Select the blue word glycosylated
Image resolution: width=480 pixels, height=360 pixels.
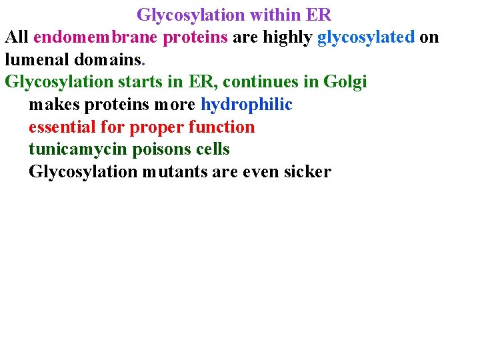pos(366,37)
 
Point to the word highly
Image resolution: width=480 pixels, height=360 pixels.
pos(288,37)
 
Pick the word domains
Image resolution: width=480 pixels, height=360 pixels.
pos(108,59)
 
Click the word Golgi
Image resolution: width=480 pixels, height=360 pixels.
pos(345,82)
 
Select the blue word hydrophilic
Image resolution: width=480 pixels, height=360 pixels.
pos(247,105)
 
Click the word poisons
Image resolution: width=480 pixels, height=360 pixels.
pos(164,149)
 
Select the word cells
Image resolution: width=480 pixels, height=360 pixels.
pos(213,149)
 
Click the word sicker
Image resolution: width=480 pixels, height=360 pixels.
pos(307,172)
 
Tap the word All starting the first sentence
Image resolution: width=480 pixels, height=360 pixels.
pos(17,37)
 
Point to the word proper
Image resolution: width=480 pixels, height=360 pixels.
pos(157,127)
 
